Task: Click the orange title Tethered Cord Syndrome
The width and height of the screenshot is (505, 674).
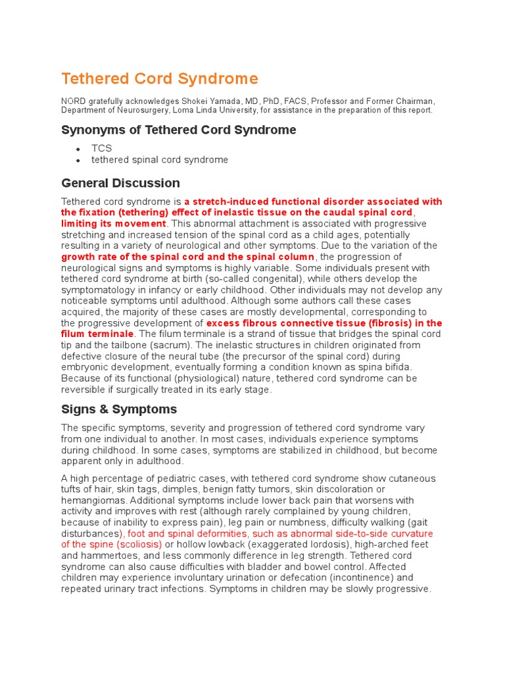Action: tap(160, 79)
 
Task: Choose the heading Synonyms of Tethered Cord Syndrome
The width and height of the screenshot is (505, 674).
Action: tap(179, 130)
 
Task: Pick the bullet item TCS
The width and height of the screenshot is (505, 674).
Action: tap(101, 149)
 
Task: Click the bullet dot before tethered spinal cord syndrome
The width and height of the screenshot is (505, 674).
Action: tap(78, 160)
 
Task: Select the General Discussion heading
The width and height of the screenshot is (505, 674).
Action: tap(120, 183)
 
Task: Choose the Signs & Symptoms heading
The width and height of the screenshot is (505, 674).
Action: tap(119, 409)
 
